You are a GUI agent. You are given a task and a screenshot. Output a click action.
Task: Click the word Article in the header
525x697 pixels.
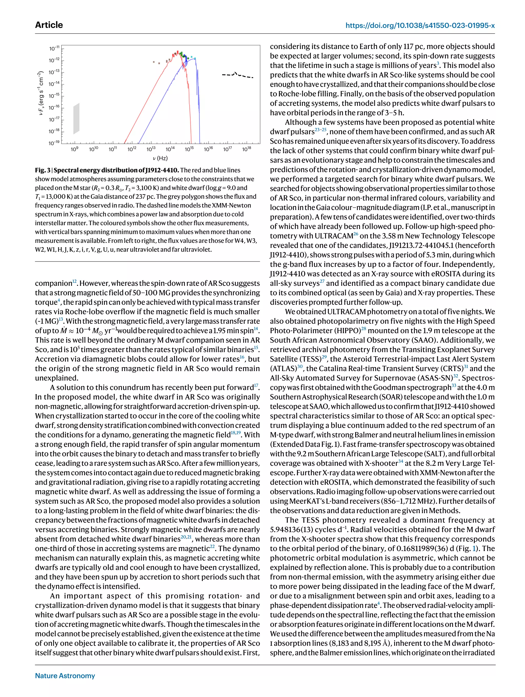click(x=49, y=25)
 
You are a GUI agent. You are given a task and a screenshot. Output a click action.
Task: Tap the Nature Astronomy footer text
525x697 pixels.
click(x=65, y=675)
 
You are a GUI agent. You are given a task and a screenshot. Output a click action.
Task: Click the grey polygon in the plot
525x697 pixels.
click(x=76, y=119)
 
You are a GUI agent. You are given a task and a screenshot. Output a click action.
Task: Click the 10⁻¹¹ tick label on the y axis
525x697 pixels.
click(x=54, y=48)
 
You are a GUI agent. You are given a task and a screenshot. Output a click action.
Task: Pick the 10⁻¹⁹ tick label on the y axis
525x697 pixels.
click(x=54, y=143)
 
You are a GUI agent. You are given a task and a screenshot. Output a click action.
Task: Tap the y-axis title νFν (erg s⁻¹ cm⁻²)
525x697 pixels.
click(x=40, y=93)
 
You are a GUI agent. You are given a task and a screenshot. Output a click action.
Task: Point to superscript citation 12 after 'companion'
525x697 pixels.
click(x=74, y=281)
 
